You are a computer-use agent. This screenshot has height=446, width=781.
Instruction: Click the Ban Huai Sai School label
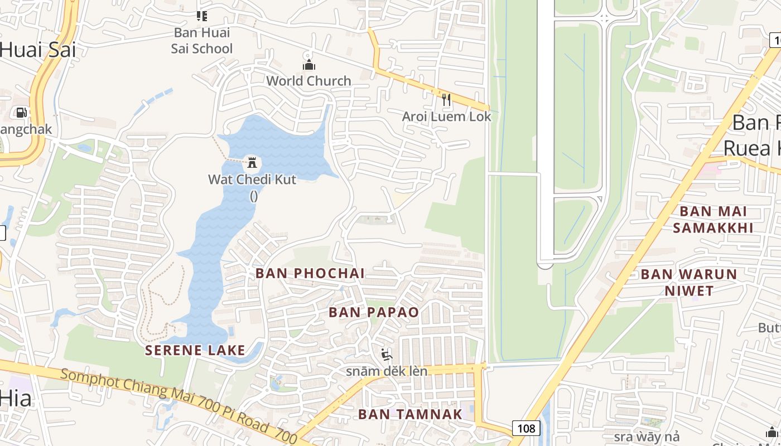(201, 41)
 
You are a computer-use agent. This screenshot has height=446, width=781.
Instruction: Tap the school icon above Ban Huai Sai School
(201, 16)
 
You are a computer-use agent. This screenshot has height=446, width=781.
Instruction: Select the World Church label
(308, 81)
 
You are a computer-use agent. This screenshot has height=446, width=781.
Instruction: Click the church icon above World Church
(308, 65)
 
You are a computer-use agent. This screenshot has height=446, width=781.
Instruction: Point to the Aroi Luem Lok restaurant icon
(446, 100)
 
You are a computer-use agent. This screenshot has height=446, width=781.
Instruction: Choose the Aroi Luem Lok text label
(447, 117)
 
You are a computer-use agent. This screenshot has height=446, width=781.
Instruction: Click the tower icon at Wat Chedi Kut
(252, 163)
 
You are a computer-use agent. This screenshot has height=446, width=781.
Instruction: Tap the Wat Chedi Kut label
(252, 180)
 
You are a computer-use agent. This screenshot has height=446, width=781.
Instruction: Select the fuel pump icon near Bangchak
(21, 113)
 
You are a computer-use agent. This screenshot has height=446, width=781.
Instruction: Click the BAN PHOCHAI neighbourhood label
(310, 273)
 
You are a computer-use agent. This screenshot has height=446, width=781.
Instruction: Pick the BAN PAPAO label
(374, 312)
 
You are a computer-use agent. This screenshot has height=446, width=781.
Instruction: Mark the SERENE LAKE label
(195, 350)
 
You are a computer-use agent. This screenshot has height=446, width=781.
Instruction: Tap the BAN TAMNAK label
(410, 414)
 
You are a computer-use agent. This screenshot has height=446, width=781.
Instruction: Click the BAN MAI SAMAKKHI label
(713, 220)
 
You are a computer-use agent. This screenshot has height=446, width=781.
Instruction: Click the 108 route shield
(526, 428)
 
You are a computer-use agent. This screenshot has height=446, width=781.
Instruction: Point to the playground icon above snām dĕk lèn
(386, 355)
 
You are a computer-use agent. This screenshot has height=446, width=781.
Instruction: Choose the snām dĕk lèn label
(387, 371)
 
